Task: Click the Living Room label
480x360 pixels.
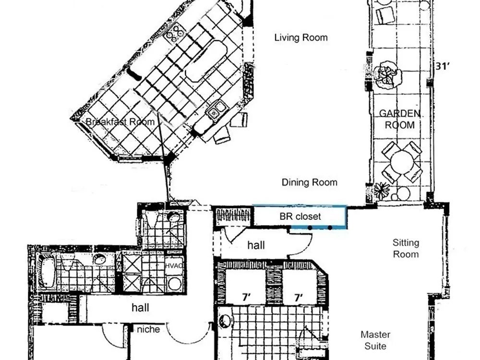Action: click(x=301, y=37)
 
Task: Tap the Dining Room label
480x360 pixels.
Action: click(x=310, y=182)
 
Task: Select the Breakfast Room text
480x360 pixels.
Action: click(x=120, y=122)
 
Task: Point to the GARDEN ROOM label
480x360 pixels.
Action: click(x=400, y=120)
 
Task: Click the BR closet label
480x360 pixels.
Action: click(x=300, y=216)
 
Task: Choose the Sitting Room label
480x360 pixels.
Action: click(x=406, y=249)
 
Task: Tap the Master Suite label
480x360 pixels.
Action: click(x=375, y=340)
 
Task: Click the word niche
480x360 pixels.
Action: click(x=148, y=329)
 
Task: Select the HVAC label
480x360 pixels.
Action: click(x=174, y=266)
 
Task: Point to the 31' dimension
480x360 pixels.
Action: click(x=443, y=66)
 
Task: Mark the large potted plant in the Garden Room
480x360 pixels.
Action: click(x=387, y=75)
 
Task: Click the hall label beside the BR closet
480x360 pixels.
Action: click(x=256, y=245)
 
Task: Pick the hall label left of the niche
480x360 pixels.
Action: click(x=140, y=307)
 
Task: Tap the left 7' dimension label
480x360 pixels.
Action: click(x=246, y=297)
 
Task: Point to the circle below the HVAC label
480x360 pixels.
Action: click(x=175, y=284)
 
